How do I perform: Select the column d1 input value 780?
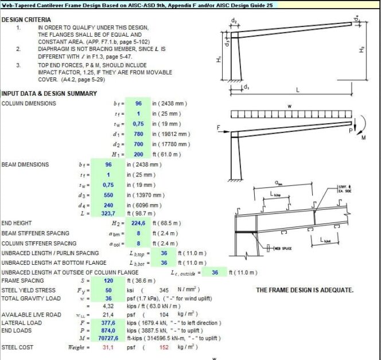(x=138, y=134)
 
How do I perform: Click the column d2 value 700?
(x=138, y=144)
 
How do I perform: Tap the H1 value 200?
(x=138, y=154)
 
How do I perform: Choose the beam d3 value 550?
(x=108, y=195)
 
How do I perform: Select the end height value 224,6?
(x=107, y=222)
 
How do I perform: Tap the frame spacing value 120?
(x=108, y=281)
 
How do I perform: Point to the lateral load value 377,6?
(x=107, y=323)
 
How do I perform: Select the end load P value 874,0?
(x=107, y=331)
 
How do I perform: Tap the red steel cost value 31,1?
(x=107, y=347)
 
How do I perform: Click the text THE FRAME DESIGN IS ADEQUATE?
(x=304, y=290)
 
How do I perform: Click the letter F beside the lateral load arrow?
(x=218, y=127)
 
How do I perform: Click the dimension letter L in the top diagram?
(x=299, y=90)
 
